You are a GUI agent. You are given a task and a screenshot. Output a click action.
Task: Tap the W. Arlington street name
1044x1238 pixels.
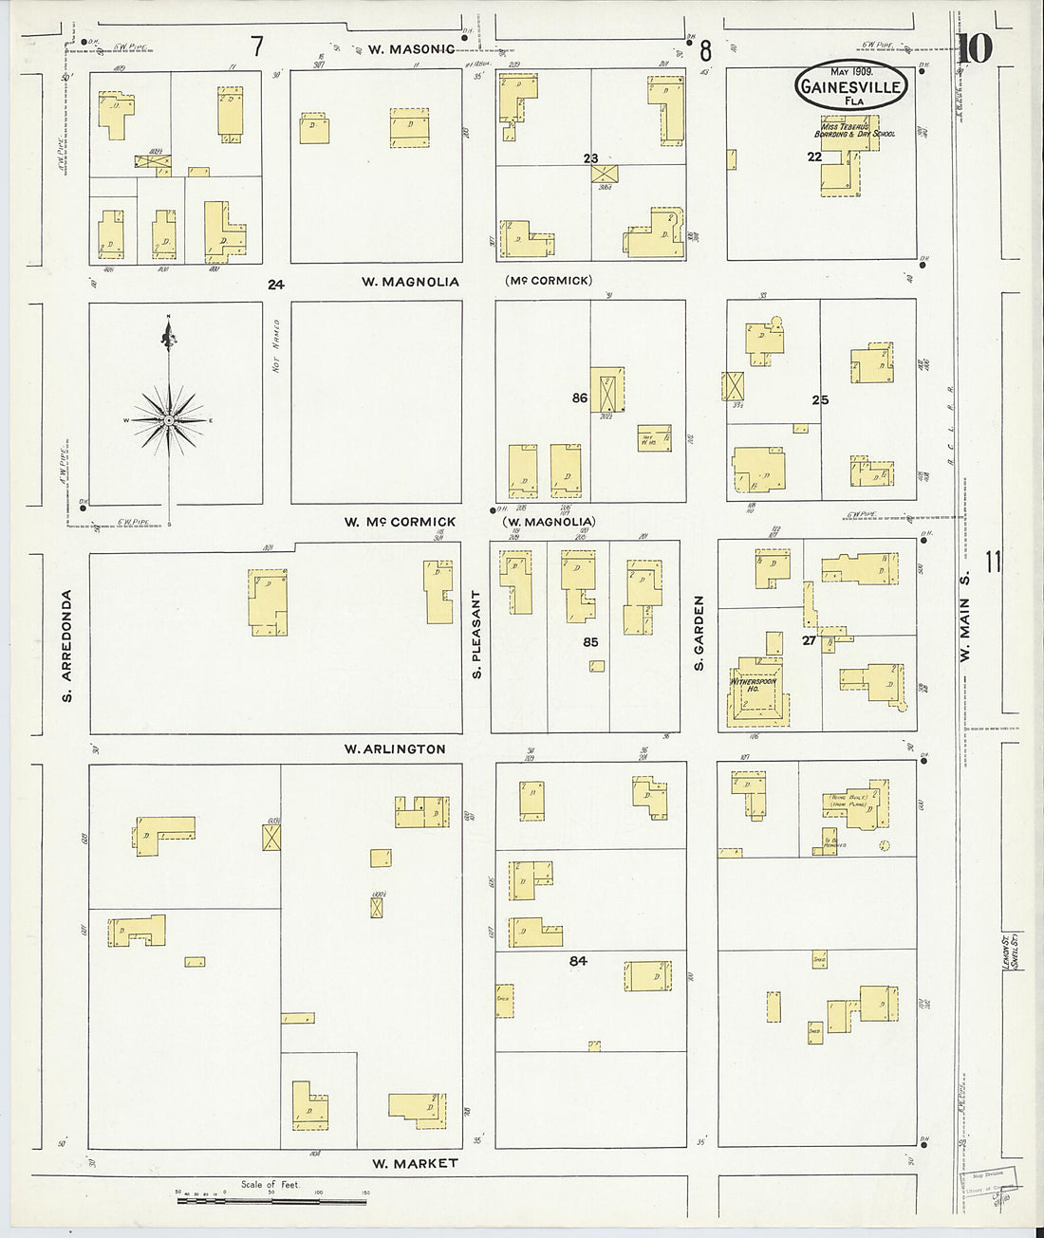tap(395, 748)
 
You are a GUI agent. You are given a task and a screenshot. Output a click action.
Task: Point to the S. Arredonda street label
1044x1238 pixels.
tap(67, 646)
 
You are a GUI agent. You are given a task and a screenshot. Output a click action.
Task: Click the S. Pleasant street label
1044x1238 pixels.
tap(477, 634)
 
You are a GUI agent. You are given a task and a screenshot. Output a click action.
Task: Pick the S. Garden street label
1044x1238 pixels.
tap(699, 633)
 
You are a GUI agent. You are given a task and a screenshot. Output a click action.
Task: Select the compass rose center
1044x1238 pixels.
tap(169, 419)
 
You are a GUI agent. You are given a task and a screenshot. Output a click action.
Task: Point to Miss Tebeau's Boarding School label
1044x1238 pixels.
tap(857, 130)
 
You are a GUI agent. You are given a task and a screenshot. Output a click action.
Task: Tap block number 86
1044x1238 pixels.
tap(580, 398)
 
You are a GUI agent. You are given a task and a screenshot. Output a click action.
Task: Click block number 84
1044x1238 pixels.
tap(578, 961)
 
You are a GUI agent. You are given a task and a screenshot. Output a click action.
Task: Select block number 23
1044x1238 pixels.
tap(591, 158)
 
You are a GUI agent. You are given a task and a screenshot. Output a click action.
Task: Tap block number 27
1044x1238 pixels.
tap(809, 640)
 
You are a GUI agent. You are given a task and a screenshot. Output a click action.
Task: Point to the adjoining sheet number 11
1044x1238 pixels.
tap(994, 563)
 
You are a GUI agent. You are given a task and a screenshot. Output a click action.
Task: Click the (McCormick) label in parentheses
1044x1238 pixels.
tap(549, 280)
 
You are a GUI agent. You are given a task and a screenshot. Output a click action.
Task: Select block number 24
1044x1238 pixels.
tap(276, 284)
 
